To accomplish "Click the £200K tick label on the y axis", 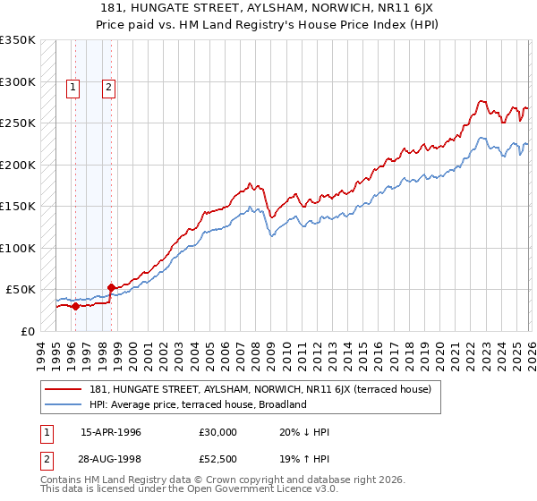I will [18, 165].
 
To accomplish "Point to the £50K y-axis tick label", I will [21, 290].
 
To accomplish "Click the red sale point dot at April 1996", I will [75, 306].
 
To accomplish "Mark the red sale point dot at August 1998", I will [111, 287].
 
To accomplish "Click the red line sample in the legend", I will [63, 390].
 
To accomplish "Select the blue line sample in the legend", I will [63, 404].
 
